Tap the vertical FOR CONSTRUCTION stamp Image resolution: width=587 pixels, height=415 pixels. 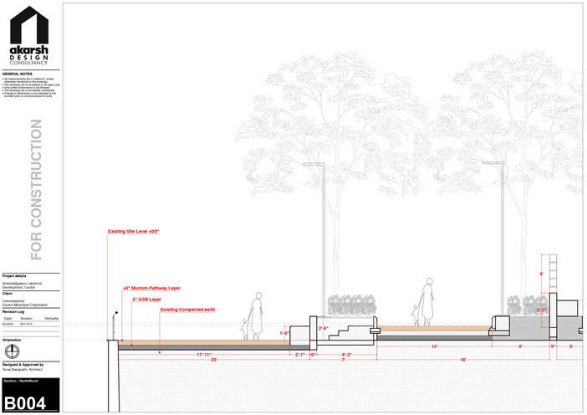[x=36, y=189]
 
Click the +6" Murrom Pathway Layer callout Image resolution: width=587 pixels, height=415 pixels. [x=151, y=287]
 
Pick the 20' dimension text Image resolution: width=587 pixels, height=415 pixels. [x=214, y=360]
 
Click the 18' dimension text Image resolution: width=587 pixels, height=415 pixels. [x=462, y=360]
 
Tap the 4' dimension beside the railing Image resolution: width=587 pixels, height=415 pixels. [x=541, y=274]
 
